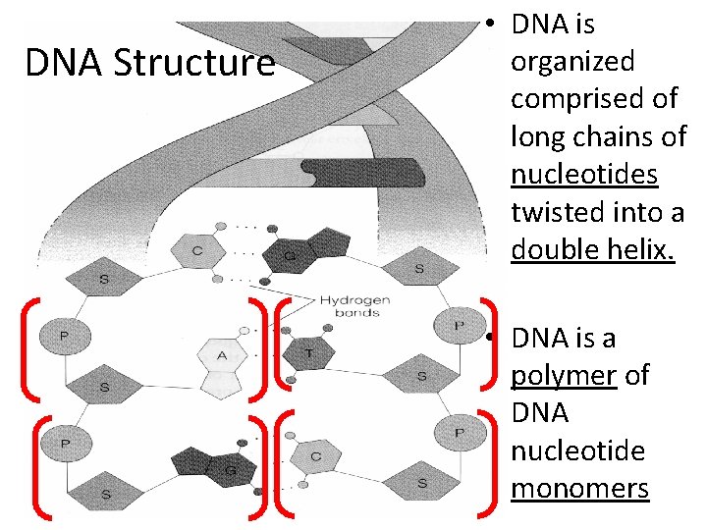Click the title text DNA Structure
(x=149, y=64)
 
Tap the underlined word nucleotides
(x=584, y=174)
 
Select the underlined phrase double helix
(x=593, y=249)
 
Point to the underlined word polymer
(x=563, y=376)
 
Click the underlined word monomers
(x=579, y=488)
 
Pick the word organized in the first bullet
(x=572, y=62)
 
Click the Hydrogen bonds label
(x=354, y=306)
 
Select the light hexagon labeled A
(x=222, y=356)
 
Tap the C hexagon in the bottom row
(x=316, y=457)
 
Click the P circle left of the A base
(x=64, y=337)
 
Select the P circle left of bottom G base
(x=64, y=444)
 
